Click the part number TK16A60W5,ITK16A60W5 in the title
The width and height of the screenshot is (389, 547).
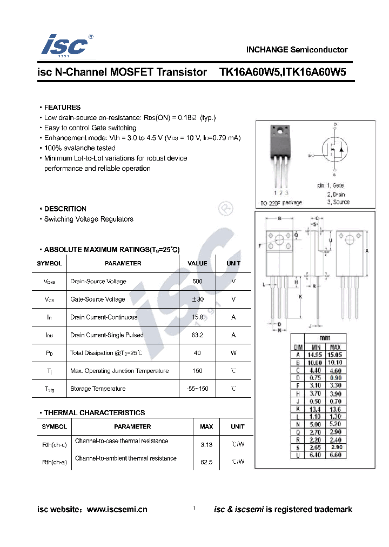tap(283, 72)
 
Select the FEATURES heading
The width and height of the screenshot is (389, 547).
tap(62, 108)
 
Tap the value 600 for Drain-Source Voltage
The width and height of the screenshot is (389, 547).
tap(197, 282)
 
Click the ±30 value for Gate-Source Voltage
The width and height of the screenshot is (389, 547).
tap(197, 299)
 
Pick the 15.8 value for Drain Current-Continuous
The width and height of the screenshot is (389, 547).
tap(197, 317)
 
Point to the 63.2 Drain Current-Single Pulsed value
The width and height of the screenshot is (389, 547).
tap(197, 335)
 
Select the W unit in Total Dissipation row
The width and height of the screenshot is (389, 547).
tap(233, 353)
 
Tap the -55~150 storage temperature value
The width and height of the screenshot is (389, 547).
tap(197, 389)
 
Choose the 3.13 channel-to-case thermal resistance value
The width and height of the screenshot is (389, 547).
tap(206, 444)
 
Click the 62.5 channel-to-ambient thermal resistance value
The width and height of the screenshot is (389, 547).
tap(206, 462)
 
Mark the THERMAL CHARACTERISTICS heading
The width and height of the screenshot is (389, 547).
tap(95, 413)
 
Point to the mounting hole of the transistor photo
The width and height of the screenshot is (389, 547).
tap(280, 130)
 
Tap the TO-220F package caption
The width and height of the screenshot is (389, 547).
tap(281, 203)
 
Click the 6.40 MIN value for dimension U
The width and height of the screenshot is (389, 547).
tap(315, 455)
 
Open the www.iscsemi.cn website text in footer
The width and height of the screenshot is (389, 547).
tap(117, 509)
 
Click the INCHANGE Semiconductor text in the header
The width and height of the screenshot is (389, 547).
tap(297, 50)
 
